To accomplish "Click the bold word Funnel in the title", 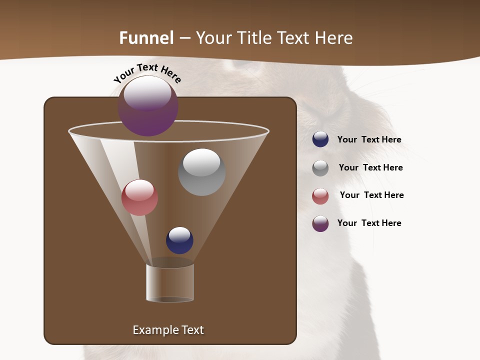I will click(146, 38).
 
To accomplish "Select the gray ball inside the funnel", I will click(201, 172).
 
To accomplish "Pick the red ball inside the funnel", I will click(139, 197).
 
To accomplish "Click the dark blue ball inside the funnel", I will click(179, 240).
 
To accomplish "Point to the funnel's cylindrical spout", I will click(170, 282).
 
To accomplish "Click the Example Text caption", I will click(168, 330).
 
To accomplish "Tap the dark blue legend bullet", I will click(320, 139).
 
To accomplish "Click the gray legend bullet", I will click(320, 167).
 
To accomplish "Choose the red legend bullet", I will click(320, 196).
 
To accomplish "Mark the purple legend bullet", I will click(320, 223).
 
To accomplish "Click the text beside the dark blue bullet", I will click(369, 139).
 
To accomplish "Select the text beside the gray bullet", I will click(370, 167).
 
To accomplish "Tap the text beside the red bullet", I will click(371, 195).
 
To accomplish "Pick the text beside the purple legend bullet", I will click(369, 223).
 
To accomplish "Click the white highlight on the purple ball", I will click(147, 93).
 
